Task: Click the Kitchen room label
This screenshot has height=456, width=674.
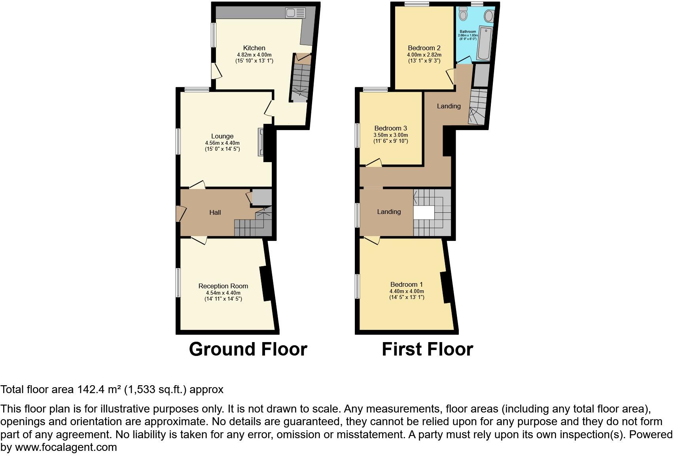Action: (x=254, y=48)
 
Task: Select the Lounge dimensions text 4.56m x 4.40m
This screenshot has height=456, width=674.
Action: (x=222, y=143)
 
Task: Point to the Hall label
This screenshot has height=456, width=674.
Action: (x=215, y=212)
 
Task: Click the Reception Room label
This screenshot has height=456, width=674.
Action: (x=223, y=286)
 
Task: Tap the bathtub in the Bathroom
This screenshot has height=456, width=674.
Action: (x=484, y=43)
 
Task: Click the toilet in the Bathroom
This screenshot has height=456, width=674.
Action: (x=463, y=15)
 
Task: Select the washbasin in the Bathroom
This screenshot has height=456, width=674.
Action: (x=489, y=16)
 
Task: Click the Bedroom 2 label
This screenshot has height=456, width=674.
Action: (x=424, y=48)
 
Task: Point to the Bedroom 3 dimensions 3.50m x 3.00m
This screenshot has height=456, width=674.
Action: (x=390, y=135)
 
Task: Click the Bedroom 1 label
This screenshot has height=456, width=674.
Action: (x=406, y=284)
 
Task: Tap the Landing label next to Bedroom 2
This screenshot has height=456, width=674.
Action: (x=449, y=106)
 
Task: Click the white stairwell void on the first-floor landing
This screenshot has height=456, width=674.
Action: (x=424, y=213)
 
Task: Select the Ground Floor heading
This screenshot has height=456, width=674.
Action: (x=248, y=349)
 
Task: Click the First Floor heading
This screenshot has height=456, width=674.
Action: (x=427, y=349)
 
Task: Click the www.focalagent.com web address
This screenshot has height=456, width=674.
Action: (x=66, y=447)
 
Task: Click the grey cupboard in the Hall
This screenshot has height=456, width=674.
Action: (x=262, y=197)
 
